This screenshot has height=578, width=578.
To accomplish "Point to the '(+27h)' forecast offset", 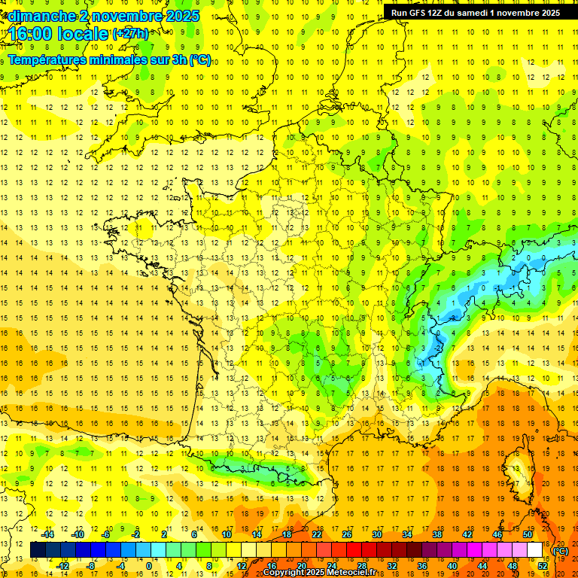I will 130,34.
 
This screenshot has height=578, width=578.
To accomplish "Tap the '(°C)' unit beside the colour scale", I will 561,551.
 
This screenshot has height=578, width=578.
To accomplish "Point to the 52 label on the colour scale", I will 543,565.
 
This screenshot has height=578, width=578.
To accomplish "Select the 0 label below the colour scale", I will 148,565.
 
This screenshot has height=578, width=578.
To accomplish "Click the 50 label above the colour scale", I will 528,534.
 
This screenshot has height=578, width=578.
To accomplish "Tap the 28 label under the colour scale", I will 362,565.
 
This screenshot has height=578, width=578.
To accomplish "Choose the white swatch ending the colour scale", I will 535,550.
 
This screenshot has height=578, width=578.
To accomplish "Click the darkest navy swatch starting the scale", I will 38,550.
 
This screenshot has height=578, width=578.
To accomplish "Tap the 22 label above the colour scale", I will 317,534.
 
